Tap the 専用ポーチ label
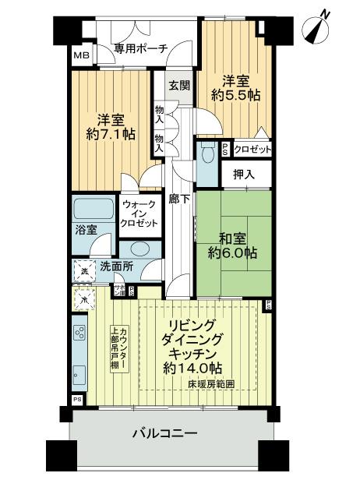coord(141,48)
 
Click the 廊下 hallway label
coord(180,199)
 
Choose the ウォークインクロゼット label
coord(139,214)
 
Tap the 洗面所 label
coord(115,266)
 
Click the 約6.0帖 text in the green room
coord(233,253)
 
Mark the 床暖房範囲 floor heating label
coord(221,384)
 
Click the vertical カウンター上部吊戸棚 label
coord(117,348)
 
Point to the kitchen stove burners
coord(80,333)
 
